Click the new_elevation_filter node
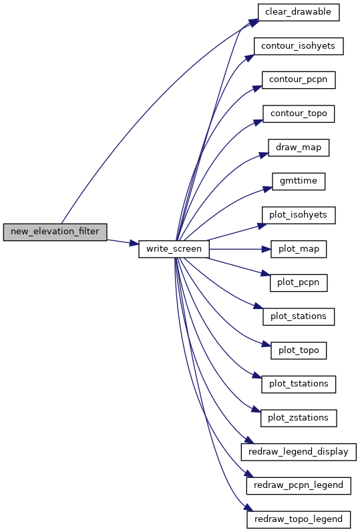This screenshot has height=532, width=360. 55,232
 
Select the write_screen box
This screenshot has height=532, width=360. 174,249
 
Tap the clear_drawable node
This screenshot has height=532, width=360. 299,12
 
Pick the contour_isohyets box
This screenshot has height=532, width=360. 299,46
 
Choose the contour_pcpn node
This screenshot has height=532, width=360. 299,80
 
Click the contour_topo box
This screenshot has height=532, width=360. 299,113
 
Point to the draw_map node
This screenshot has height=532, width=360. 299,148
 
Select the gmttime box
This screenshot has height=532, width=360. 299,182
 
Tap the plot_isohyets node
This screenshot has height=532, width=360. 299,215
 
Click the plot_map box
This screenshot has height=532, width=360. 299,249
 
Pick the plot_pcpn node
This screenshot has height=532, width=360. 299,283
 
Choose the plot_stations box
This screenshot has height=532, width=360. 299,316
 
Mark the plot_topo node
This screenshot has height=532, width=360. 299,350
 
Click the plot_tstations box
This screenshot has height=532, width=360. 299,384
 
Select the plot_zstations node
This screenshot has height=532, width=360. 299,418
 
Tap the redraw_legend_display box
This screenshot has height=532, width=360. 299,452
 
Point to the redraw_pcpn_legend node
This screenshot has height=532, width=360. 299,486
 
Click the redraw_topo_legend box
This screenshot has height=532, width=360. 299,519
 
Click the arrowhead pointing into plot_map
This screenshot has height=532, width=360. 266,249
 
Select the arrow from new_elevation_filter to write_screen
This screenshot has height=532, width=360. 123,242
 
